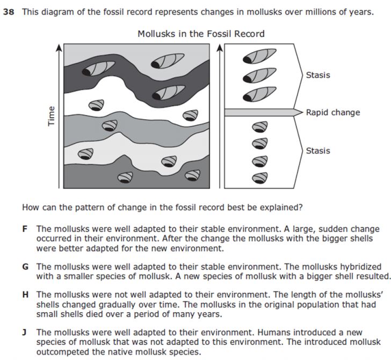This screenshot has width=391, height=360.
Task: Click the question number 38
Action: pyautogui.click(x=9, y=12)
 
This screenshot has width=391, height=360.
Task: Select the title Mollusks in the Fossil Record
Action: pyautogui.click(x=201, y=34)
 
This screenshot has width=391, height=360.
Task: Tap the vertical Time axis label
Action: pyautogui.click(x=51, y=116)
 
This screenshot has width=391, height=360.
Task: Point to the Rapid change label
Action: pyautogui.click(x=333, y=112)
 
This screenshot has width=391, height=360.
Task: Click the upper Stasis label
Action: pyautogui.click(x=318, y=75)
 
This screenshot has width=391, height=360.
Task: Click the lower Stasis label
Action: pyautogui.click(x=318, y=150)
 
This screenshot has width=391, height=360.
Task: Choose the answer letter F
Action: pyautogui.click(x=25, y=229)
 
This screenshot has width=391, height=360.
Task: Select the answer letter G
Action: pyautogui.click(x=25, y=267)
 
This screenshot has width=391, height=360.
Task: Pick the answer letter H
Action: pyautogui.click(x=25, y=294)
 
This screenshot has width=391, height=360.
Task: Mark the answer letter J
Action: pyautogui.click(x=25, y=332)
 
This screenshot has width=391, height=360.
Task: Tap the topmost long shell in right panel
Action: pyautogui.click(x=259, y=56)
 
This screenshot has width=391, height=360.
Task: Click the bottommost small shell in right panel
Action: pyautogui.click(x=260, y=178)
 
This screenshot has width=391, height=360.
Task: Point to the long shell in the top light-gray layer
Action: pyautogui.click(x=168, y=61)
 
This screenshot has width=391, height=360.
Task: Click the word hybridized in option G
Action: pyautogui.click(x=359, y=267)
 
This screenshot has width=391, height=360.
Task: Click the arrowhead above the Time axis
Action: pyautogui.click(x=59, y=47)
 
